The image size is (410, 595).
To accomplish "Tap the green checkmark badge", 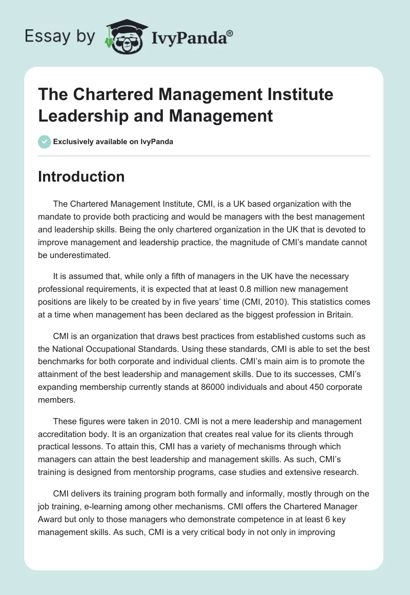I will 45,142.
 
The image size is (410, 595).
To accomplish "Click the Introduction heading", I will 81,176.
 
